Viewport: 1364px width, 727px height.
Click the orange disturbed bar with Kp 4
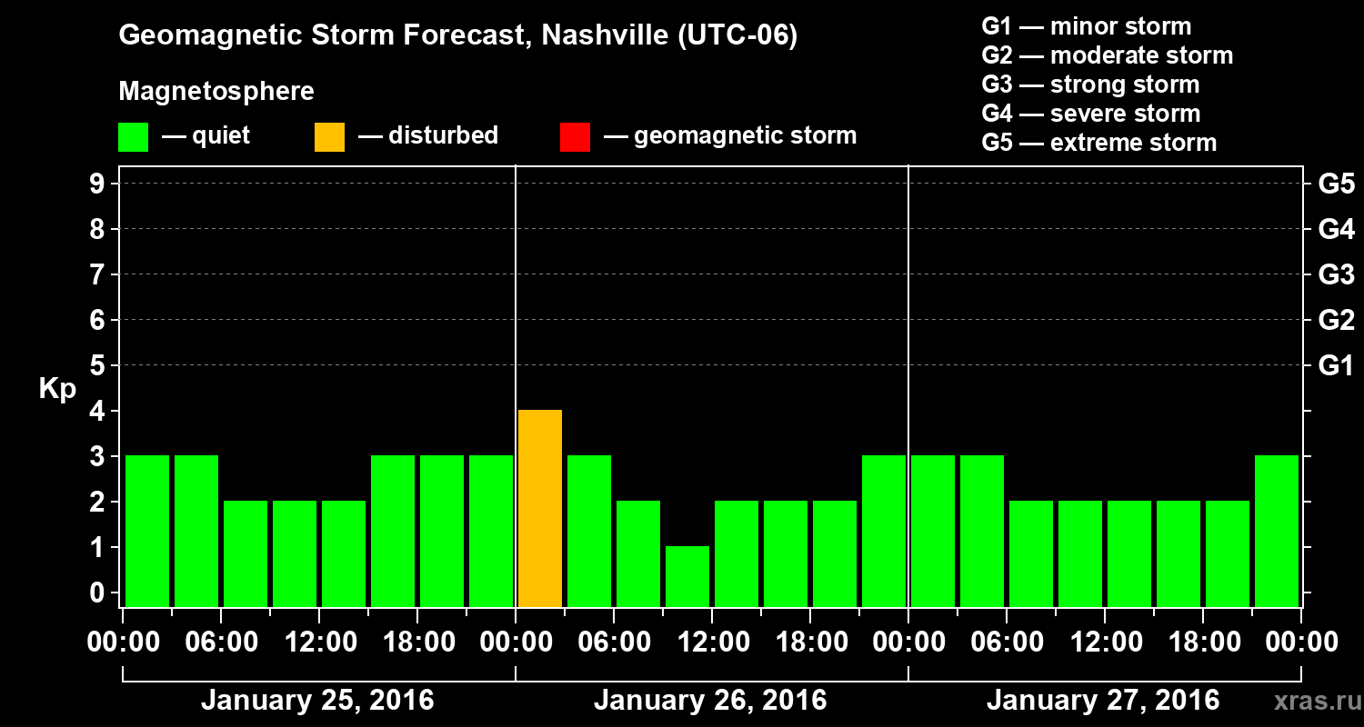pyautogui.click(x=540, y=509)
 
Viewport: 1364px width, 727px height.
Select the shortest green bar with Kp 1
pyautogui.click(x=687, y=576)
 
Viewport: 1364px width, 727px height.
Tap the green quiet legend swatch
pyautogui.click(x=133, y=136)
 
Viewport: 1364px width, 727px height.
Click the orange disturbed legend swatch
pyautogui.click(x=329, y=136)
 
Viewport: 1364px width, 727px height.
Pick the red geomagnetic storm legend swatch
pyautogui.click(x=575, y=136)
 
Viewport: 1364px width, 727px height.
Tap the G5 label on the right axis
pyautogui.click(x=1336, y=184)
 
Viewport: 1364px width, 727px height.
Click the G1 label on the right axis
pyautogui.click(x=1336, y=365)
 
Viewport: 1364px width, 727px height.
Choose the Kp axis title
pyautogui.click(x=57, y=389)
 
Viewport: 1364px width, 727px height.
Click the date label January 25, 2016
pyautogui.click(x=317, y=701)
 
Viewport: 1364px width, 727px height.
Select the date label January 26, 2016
pyautogui.click(x=710, y=701)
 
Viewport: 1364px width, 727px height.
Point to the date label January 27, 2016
pyautogui.click(x=1103, y=701)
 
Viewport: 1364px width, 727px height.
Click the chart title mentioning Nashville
pyautogui.click(x=458, y=36)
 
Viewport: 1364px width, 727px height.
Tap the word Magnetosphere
pyautogui.click(x=216, y=92)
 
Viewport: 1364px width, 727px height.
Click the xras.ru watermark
pyautogui.click(x=1310, y=701)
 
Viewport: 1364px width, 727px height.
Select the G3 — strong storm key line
pyautogui.click(x=1090, y=85)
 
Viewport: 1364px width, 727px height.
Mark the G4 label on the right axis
pyautogui.click(x=1336, y=229)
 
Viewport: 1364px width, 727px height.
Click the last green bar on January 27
pyautogui.click(x=1277, y=531)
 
